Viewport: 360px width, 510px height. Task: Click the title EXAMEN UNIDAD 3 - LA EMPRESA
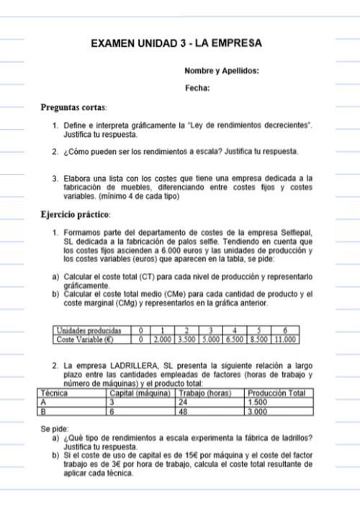[x=176, y=44]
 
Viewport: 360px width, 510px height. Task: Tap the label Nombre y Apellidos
[x=222, y=71]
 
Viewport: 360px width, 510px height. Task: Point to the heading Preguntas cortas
[x=73, y=107]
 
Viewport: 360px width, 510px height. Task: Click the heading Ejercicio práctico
[x=76, y=214]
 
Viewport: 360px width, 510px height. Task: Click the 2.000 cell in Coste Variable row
[x=163, y=338]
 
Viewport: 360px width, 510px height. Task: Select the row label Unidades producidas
[x=89, y=330]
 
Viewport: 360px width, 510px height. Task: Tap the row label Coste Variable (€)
[x=85, y=338]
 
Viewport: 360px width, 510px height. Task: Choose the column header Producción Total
[x=276, y=393]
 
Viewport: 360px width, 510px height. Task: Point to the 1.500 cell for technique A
[x=258, y=402]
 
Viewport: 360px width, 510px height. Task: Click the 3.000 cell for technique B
[x=258, y=411]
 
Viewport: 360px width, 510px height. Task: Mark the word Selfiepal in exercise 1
[x=294, y=233]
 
